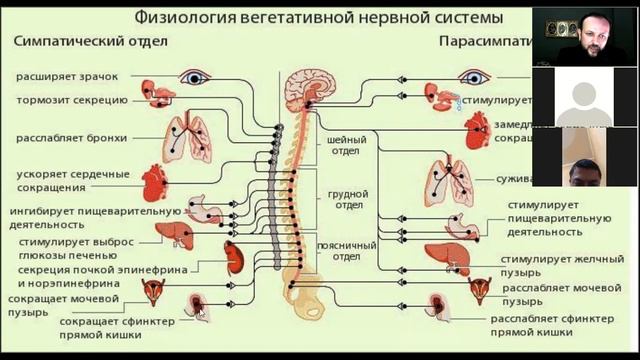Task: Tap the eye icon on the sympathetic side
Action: pyautogui.click(x=192, y=76)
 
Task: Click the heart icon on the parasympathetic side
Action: pyautogui.click(x=478, y=129)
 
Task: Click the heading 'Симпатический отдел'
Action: pyautogui.click(x=91, y=42)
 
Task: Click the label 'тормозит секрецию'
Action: pyautogui.click(x=70, y=100)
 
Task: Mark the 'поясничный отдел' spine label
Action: pyautogui.click(x=345, y=249)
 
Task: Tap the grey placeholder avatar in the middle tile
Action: pyautogui.click(x=584, y=106)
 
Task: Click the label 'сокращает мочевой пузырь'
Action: pyautogui.click(x=62, y=305)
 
